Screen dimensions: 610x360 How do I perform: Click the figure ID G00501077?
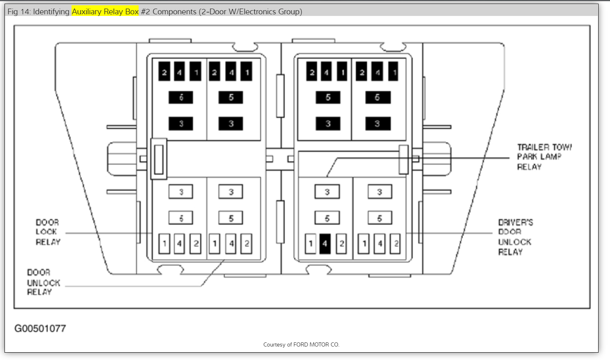point(40,329)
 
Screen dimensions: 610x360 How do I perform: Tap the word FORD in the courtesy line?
point(301,344)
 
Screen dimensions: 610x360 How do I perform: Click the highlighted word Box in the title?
point(132,11)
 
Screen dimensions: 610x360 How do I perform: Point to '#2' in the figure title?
point(146,11)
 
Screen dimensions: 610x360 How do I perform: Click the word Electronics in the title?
point(257,11)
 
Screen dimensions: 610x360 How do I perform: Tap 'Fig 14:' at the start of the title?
point(19,11)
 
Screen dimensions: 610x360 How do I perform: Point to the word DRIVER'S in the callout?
point(516,222)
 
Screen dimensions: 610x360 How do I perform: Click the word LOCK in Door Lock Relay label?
point(46,232)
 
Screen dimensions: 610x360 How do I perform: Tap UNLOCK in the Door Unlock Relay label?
point(44,283)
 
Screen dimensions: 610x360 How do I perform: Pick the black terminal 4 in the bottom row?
point(325,244)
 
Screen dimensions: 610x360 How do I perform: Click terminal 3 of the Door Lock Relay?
point(181,192)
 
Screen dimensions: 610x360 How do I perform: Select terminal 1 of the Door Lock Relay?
point(164,244)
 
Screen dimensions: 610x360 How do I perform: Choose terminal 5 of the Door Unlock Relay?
point(231,218)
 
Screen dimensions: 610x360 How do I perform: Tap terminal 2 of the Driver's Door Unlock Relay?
point(395,244)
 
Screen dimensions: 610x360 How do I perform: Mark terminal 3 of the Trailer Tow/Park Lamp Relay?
point(327,192)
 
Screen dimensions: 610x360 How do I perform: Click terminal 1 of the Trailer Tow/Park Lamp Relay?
point(310,244)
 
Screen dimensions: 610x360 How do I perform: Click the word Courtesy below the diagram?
point(274,344)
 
